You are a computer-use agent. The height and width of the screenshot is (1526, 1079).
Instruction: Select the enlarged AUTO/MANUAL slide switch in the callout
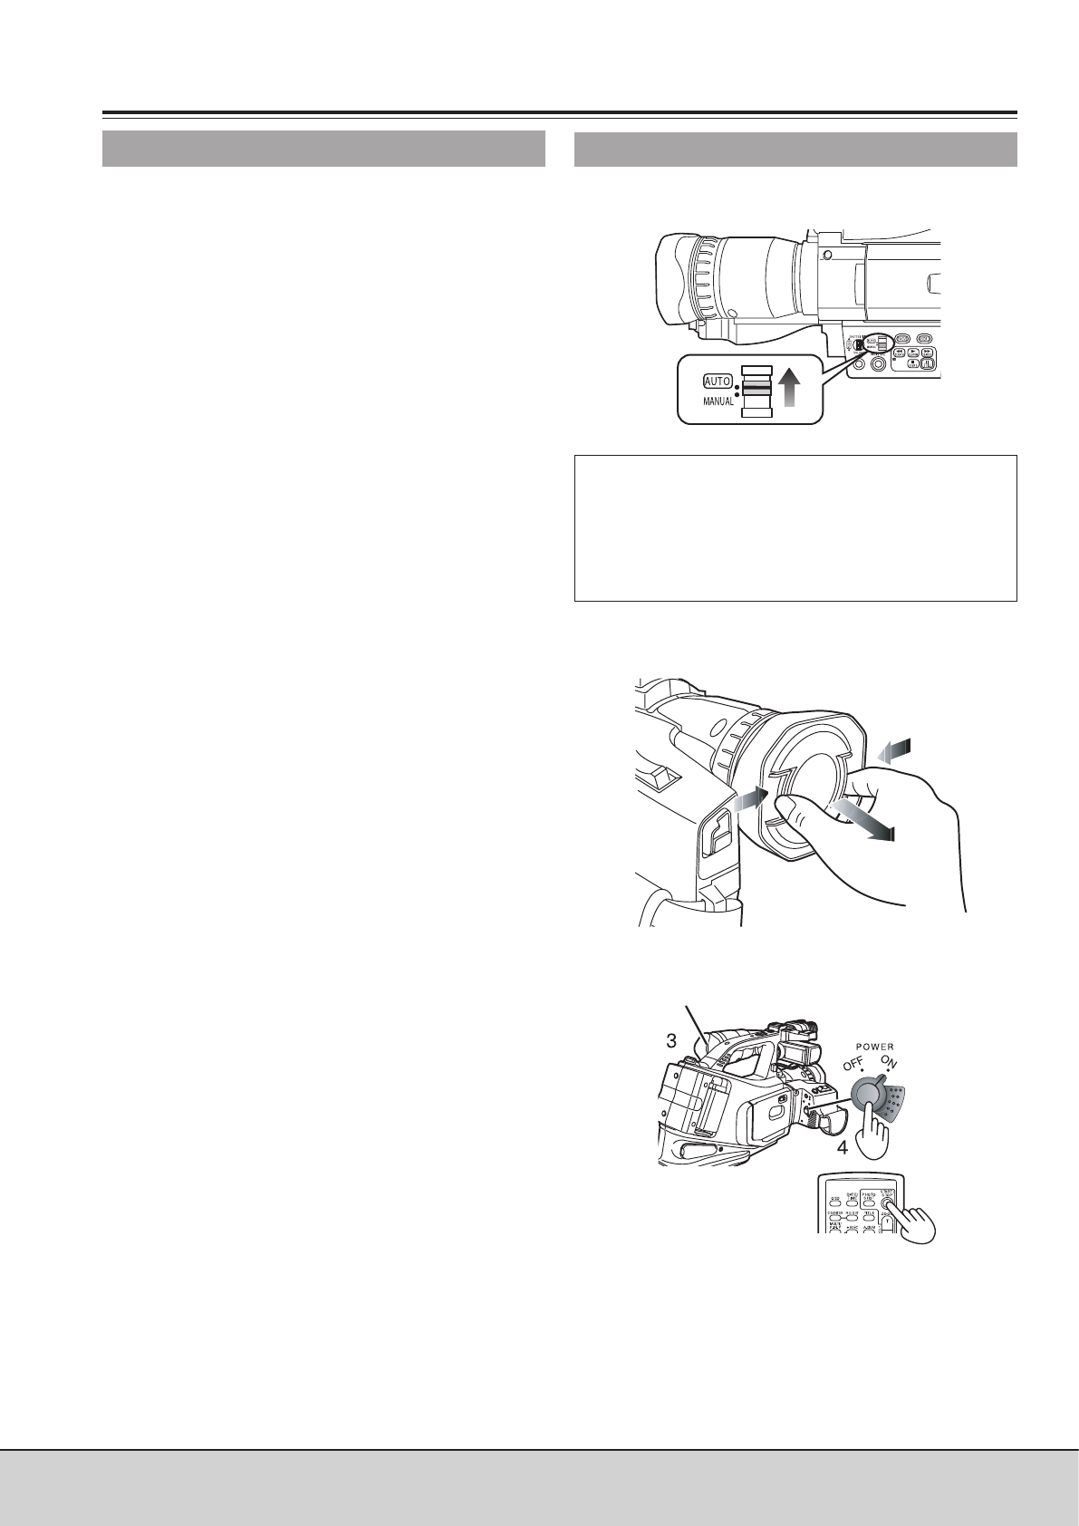coord(756,391)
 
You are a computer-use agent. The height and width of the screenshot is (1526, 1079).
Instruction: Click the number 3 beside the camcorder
coord(670,1041)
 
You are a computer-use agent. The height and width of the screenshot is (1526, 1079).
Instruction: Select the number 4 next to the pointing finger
coord(842,1147)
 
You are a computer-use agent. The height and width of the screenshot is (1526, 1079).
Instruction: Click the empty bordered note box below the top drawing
coord(795,527)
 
